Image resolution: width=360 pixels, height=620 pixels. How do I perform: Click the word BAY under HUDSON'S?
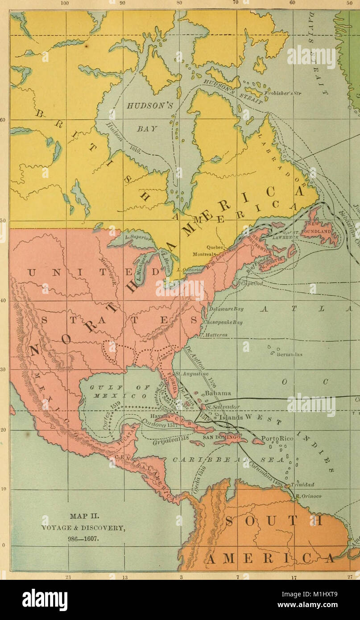click(147, 128)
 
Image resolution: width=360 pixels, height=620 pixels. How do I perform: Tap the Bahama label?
click(218, 393)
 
